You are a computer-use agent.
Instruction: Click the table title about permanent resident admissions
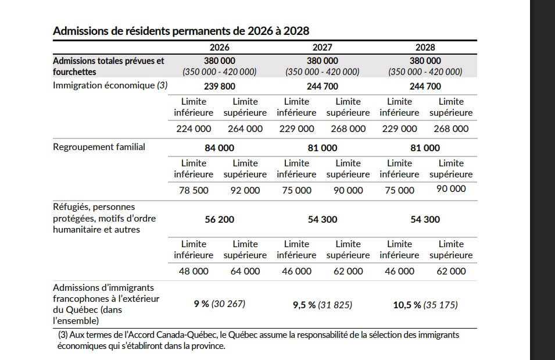point(181,31)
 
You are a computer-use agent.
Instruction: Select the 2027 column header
point(322,48)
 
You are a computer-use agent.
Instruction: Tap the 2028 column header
point(425,48)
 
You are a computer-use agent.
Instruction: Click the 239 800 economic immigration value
point(220,86)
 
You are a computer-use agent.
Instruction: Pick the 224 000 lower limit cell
point(194,129)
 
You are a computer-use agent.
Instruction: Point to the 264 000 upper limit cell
point(245,129)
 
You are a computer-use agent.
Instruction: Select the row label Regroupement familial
point(99,147)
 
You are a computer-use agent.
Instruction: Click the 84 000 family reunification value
point(220,148)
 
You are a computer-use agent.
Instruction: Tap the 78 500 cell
point(194,190)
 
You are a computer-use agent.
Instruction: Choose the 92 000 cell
point(245,190)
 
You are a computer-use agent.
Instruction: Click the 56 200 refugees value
point(220,219)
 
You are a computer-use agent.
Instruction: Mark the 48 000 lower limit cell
point(194,271)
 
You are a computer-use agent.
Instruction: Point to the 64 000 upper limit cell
point(245,271)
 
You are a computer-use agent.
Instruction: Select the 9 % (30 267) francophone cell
point(220,304)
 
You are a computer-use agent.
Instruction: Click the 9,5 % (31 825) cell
point(322,304)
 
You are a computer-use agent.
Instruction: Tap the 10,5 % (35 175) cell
point(426,304)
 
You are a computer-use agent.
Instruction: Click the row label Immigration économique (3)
point(110,85)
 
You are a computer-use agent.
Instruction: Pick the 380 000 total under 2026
point(220,60)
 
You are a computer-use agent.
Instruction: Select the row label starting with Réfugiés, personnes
point(93,207)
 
